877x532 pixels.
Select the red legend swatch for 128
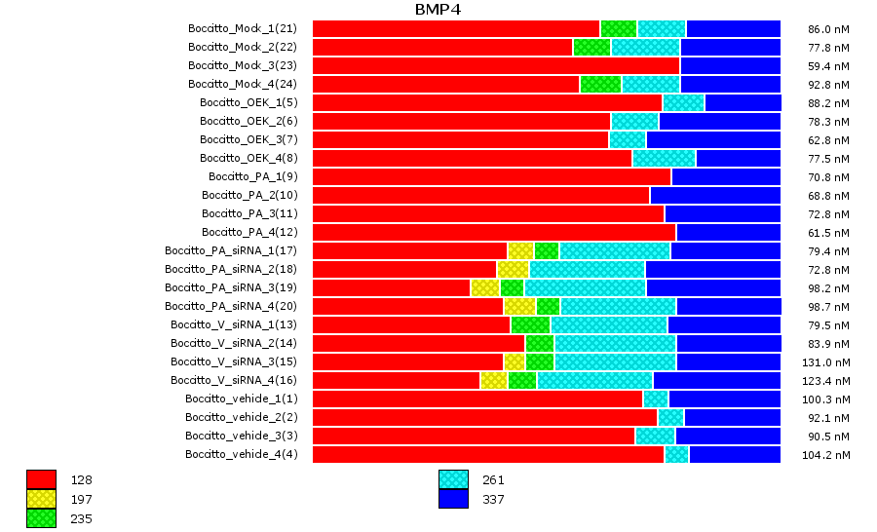click(x=41, y=479)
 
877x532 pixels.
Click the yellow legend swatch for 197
click(x=41, y=499)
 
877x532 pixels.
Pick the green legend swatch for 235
click(x=41, y=518)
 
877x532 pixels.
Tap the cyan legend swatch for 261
click(x=453, y=479)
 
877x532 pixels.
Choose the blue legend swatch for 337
click(x=453, y=499)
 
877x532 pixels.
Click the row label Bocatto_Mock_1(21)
click(x=243, y=28)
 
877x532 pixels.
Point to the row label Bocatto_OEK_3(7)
click(x=248, y=139)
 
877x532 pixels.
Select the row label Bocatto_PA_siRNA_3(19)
click(x=231, y=287)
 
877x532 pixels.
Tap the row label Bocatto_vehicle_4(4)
click(x=242, y=454)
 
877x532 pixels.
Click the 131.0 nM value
click(x=829, y=361)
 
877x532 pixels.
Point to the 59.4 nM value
click(x=829, y=65)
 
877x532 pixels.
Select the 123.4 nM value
click(x=829, y=380)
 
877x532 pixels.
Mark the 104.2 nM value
click(x=829, y=454)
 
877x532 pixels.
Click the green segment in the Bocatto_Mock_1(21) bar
click(x=619, y=28)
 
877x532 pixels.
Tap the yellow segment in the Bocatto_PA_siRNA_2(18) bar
click(x=513, y=269)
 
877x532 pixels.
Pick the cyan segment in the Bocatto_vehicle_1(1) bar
click(x=656, y=399)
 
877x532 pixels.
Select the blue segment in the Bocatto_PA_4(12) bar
click(x=728, y=232)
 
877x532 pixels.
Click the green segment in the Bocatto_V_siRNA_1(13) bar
click(x=530, y=324)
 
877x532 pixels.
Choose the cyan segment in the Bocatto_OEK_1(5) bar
click(x=683, y=102)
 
